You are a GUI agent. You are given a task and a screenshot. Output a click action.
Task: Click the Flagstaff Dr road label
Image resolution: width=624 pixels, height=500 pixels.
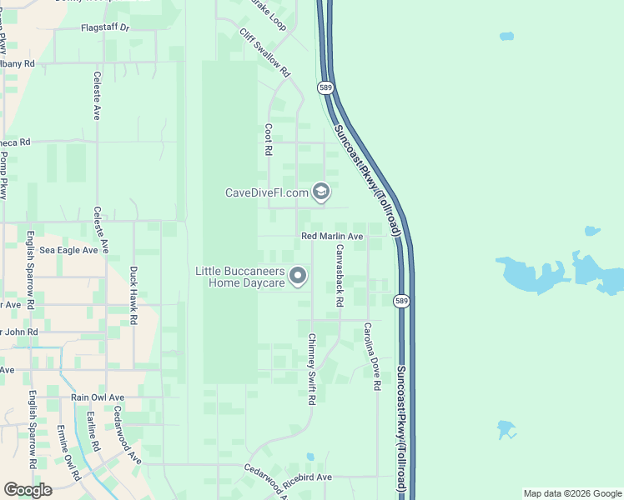click(105, 27)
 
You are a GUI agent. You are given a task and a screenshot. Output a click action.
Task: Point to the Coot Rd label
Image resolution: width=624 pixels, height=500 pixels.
click(269, 140)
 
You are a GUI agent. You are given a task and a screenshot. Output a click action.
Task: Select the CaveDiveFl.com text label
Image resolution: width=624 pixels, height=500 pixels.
click(266, 192)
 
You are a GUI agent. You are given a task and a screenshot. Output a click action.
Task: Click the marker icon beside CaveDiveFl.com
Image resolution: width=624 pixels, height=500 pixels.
click(320, 192)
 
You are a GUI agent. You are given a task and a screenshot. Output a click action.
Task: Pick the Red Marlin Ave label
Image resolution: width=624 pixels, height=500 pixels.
click(332, 237)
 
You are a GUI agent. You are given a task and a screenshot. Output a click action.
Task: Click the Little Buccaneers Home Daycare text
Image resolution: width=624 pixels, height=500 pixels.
click(240, 277)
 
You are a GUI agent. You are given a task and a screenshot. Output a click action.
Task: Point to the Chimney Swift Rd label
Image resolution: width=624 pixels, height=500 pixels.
click(311, 369)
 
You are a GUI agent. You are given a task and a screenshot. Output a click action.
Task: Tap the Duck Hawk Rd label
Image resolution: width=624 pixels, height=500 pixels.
click(133, 295)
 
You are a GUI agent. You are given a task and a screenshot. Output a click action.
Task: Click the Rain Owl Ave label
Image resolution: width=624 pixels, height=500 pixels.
click(97, 397)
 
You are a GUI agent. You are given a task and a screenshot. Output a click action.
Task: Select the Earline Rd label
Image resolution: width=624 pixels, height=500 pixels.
click(91, 432)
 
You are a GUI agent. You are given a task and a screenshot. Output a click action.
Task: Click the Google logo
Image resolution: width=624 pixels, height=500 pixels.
click(28, 490)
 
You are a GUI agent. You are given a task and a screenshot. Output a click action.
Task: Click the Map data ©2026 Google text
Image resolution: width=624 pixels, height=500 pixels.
click(572, 493)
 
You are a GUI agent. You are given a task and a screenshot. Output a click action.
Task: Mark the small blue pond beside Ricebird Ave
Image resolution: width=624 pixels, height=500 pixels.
click(310, 457)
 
